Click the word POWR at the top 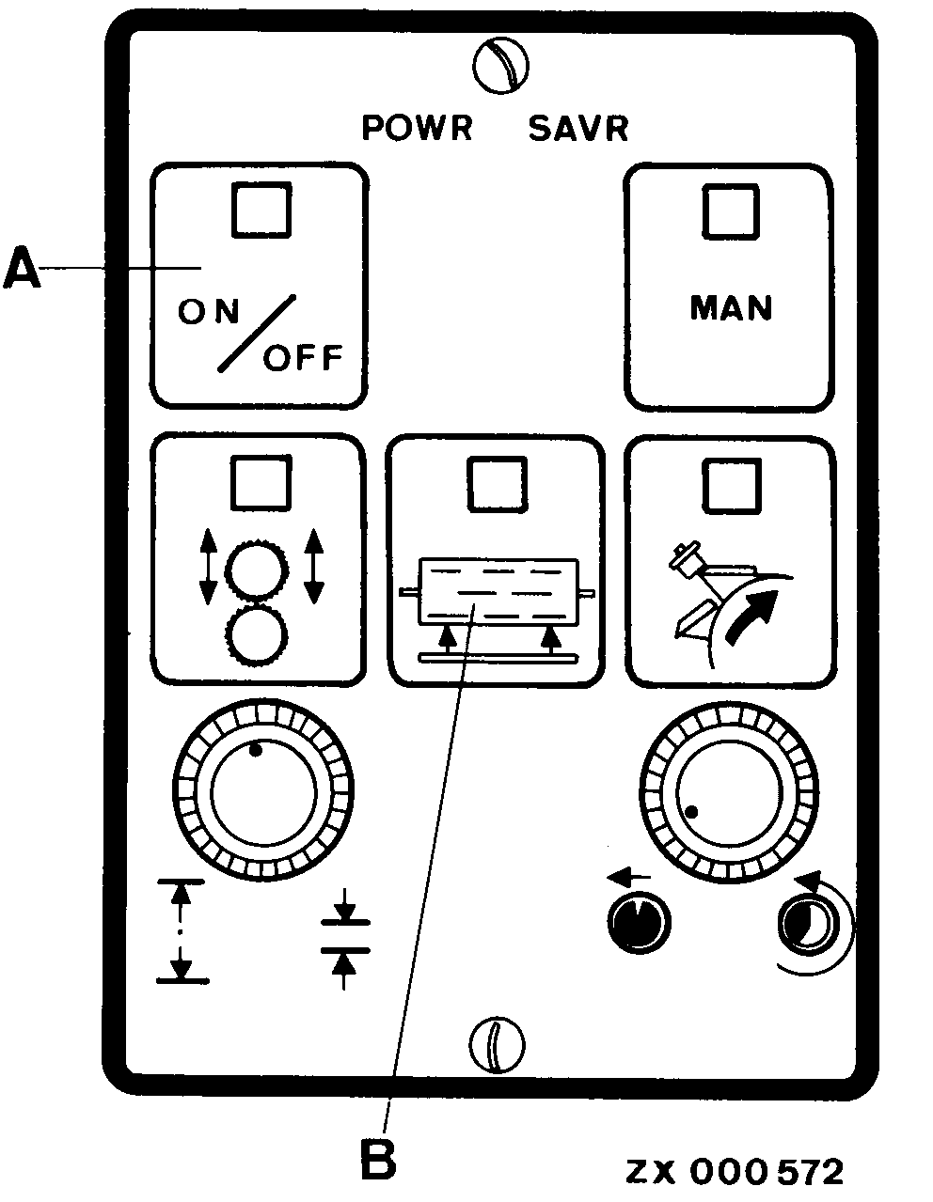pyautogui.click(x=417, y=128)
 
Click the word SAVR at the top pyautogui.click(x=578, y=129)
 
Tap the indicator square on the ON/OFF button pyautogui.click(x=261, y=211)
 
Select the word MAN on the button pyautogui.click(x=731, y=308)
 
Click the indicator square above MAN pyautogui.click(x=731, y=211)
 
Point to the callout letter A pyautogui.click(x=23, y=268)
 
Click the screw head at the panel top pyautogui.click(x=500, y=66)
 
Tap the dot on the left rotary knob pyautogui.click(x=255, y=751)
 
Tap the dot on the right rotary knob pyautogui.click(x=691, y=811)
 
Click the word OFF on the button pyautogui.click(x=303, y=358)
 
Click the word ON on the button pyautogui.click(x=208, y=311)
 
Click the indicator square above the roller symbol pyautogui.click(x=497, y=484)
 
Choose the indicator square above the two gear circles pyautogui.click(x=261, y=482)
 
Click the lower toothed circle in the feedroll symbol pyautogui.click(x=256, y=634)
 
